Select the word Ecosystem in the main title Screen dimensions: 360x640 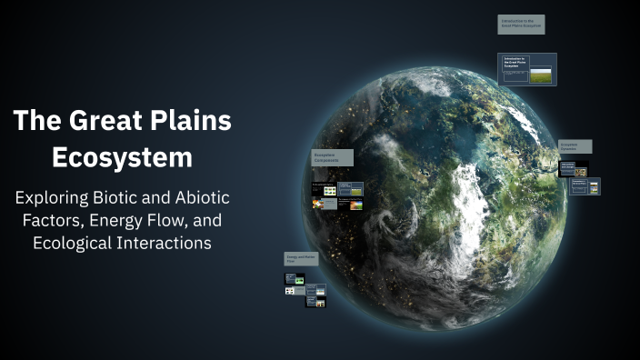122,156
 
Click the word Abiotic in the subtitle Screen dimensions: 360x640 200,197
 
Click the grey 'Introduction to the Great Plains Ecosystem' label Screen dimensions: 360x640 522,25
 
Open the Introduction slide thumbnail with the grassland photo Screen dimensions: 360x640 527,69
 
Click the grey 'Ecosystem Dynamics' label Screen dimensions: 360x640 575,146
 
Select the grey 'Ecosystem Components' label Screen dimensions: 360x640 332,157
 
